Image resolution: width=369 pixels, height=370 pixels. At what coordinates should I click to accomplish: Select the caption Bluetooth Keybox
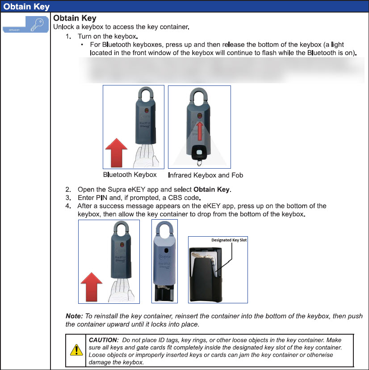[x=130, y=174]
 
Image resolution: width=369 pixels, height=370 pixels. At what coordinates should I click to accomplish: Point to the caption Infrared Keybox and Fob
[x=205, y=175]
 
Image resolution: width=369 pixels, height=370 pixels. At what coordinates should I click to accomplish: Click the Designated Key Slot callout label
[x=229, y=240]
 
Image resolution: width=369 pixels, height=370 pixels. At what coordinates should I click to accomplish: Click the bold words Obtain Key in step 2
[x=212, y=190]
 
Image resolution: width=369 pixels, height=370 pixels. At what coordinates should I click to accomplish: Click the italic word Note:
[x=74, y=316]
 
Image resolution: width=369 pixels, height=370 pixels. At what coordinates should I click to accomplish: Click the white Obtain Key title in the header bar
[x=26, y=7]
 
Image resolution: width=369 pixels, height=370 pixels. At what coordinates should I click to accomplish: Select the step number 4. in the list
[x=68, y=206]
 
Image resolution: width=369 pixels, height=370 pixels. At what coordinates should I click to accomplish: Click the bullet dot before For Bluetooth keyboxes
[x=82, y=45]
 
